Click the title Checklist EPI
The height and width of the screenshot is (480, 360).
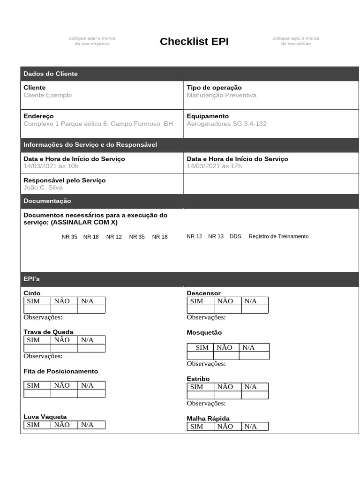(x=194, y=41)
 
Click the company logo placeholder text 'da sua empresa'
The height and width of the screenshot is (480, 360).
(x=92, y=44)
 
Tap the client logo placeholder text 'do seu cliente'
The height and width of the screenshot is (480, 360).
(x=296, y=44)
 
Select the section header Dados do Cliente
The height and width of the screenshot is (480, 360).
(x=51, y=74)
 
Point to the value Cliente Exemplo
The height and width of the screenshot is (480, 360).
(x=48, y=95)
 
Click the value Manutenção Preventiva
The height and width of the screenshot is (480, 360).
(x=221, y=95)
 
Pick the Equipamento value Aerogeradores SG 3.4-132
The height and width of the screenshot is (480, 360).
(x=226, y=124)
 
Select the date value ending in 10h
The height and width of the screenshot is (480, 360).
(x=51, y=166)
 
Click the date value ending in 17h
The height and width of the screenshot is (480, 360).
(x=214, y=166)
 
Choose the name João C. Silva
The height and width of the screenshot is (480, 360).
(x=43, y=187)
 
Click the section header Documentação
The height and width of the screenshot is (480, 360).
(x=47, y=201)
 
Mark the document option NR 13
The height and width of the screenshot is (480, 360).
(x=216, y=236)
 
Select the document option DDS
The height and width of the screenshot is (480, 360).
(x=235, y=236)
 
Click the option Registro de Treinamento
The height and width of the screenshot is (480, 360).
(x=278, y=236)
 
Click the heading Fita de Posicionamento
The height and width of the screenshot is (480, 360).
(x=61, y=371)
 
